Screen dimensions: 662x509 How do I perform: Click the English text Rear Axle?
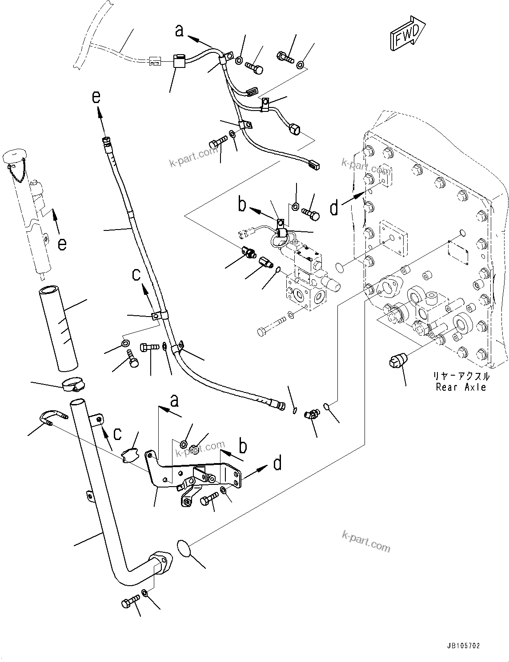(x=462, y=387)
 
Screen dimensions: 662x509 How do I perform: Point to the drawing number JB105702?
(x=460, y=646)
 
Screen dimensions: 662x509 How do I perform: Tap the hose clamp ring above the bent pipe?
(x=74, y=385)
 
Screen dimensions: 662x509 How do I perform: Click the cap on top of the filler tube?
(x=16, y=157)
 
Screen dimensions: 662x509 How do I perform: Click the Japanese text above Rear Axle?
(x=462, y=376)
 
